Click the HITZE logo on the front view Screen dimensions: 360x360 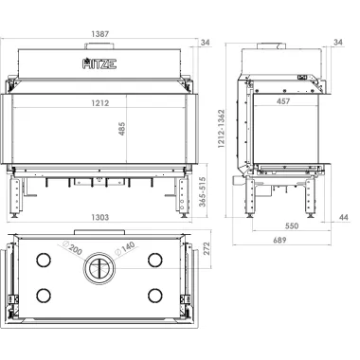pyautogui.click(x=99, y=63)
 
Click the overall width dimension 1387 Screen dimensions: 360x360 pyautogui.click(x=99, y=34)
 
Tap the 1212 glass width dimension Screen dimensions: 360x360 pyautogui.click(x=100, y=103)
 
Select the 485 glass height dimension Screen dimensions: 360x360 pyautogui.click(x=122, y=129)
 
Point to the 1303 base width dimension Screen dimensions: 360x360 pyautogui.click(x=100, y=217)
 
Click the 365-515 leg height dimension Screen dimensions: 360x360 pyautogui.click(x=203, y=191)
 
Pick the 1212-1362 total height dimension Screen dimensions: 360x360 pyautogui.click(x=221, y=129)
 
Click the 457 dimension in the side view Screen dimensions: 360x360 pyautogui.click(x=283, y=101)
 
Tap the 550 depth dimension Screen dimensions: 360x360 pyautogui.click(x=292, y=225)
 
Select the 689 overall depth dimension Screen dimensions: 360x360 pyautogui.click(x=279, y=240)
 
